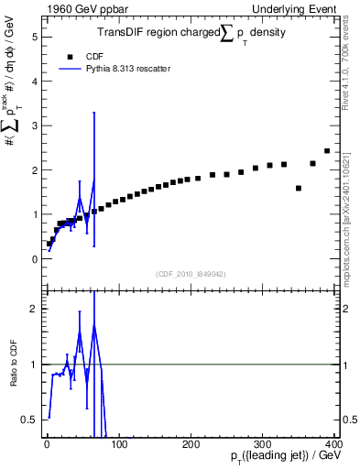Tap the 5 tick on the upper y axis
(34, 38)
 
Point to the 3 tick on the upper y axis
(34, 125)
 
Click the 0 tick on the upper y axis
(34, 258)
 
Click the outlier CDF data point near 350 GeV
(299, 188)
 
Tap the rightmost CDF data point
(327, 151)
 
